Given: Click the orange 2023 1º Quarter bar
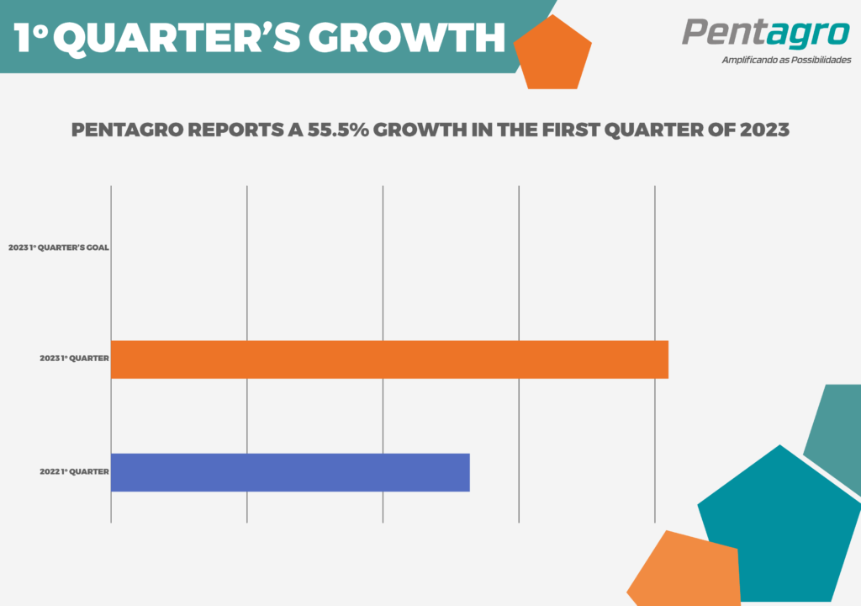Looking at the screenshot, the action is pyautogui.click(x=389, y=359).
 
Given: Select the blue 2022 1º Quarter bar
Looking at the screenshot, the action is pyautogui.click(x=290, y=472).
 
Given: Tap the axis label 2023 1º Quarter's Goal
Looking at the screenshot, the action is pyautogui.click(x=59, y=247).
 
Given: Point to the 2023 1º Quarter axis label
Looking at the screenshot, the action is pyautogui.click(x=74, y=358).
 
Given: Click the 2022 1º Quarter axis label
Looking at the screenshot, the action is pyautogui.click(x=74, y=471).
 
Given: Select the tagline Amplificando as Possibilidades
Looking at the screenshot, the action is pyautogui.click(x=786, y=60).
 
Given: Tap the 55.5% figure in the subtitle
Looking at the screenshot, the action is pyautogui.click(x=338, y=130).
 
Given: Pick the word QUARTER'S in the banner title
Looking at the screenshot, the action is pyautogui.click(x=177, y=39).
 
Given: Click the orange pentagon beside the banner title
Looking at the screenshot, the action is pyautogui.click(x=553, y=54).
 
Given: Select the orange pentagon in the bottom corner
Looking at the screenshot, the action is pyautogui.click(x=685, y=571).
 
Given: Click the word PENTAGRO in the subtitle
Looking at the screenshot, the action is pyautogui.click(x=128, y=130).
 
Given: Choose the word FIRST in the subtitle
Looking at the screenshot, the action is pyautogui.click(x=571, y=130).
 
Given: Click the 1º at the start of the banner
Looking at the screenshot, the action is pyautogui.click(x=31, y=37).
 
